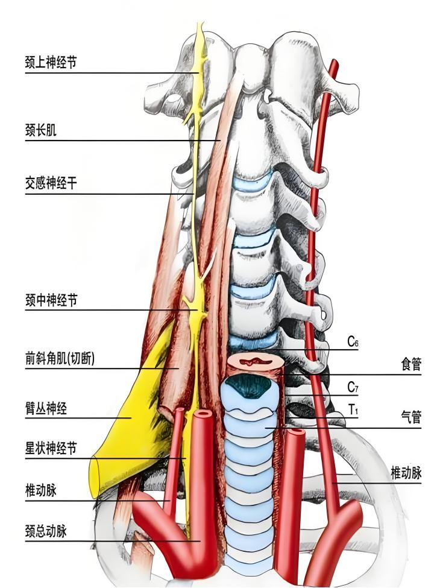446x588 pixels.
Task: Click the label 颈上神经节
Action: coord(51,62)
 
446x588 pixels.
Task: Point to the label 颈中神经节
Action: coord(51,300)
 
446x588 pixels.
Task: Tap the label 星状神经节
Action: coord(51,449)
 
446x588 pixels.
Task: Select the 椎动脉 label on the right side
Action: coord(406,473)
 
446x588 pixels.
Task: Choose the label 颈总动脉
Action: coord(45,531)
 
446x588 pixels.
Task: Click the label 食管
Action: coord(410,364)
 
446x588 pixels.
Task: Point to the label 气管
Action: coord(410,417)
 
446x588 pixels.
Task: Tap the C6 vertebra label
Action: coord(353,342)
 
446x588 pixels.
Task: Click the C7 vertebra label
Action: coord(353,387)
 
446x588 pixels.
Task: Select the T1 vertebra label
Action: coord(353,410)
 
